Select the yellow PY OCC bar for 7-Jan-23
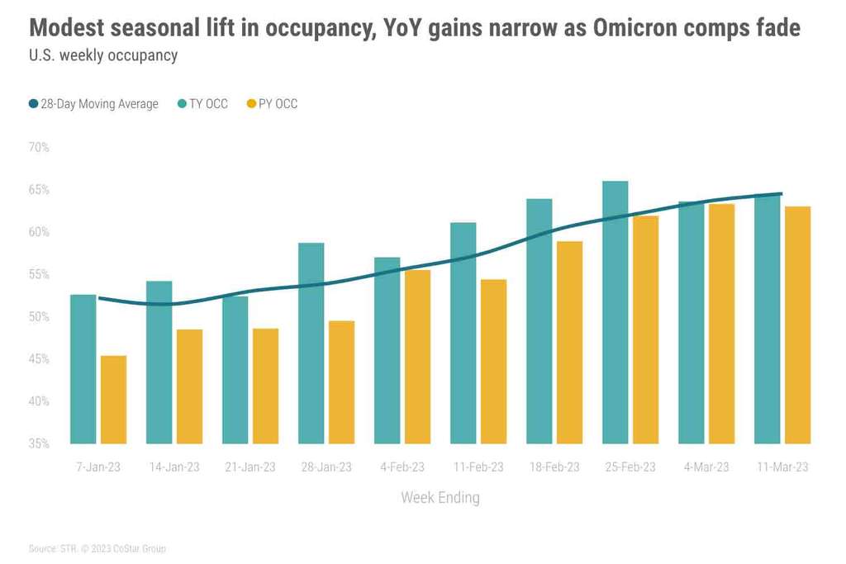coord(113,400)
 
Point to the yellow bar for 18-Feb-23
coord(569,342)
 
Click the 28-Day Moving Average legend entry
coord(93,104)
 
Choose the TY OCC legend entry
coord(202,104)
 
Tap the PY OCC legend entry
coord(272,104)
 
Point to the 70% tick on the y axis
coord(39,148)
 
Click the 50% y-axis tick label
coord(39,317)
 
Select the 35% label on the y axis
coord(39,444)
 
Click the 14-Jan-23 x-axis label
coord(174,467)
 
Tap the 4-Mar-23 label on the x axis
coord(706,467)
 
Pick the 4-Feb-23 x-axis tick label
coord(402,467)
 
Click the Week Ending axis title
coord(440,498)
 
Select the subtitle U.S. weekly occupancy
coord(103,56)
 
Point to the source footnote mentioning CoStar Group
coord(97,548)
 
